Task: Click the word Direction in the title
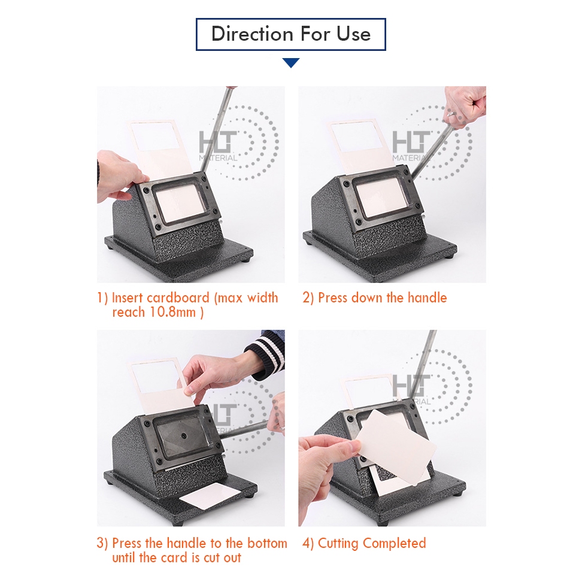(253, 34)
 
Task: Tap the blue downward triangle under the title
(290, 63)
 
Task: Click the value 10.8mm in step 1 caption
(172, 312)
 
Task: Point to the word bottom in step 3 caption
(267, 543)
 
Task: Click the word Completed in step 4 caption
(394, 544)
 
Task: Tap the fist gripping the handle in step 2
(466, 106)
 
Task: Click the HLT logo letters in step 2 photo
(411, 142)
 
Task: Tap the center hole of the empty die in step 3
(183, 435)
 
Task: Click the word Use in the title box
(353, 34)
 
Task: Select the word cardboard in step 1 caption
(178, 298)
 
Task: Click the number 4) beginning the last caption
(308, 544)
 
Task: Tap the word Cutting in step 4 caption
(338, 544)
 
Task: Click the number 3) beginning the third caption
(102, 543)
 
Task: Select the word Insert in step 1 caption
(127, 298)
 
